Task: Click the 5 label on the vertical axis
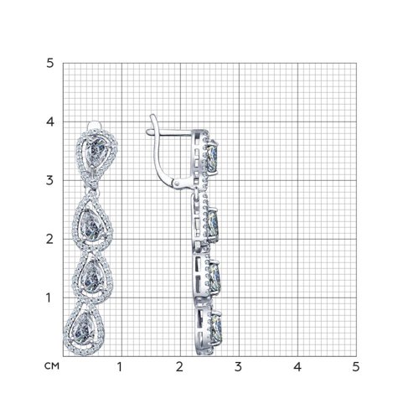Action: (x=49, y=64)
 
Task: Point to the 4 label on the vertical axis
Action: (x=49, y=122)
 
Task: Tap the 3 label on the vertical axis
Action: (x=49, y=181)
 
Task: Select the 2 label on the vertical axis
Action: (x=49, y=240)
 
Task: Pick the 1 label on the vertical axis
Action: (x=49, y=298)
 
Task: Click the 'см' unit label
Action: (x=52, y=366)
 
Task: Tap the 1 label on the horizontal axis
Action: (x=120, y=367)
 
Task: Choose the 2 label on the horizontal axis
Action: (x=179, y=367)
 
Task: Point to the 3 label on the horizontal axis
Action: (x=238, y=367)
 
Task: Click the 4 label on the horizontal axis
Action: (x=297, y=367)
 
